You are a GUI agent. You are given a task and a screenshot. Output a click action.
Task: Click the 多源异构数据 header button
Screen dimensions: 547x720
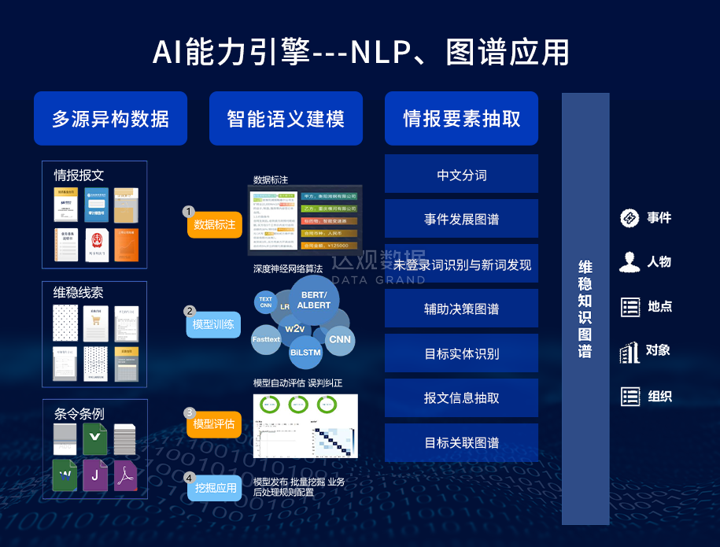pos(110,119)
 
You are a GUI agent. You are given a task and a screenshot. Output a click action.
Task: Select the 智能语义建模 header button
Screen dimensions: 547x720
pos(286,119)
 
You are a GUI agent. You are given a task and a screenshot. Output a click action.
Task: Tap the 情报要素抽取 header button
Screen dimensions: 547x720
pos(461,119)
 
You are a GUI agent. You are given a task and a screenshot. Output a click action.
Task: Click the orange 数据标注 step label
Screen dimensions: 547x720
pos(214,224)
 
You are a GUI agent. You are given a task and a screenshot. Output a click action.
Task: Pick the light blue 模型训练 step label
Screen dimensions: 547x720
pos(213,324)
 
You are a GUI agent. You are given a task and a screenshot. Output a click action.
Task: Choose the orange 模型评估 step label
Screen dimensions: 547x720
pos(214,424)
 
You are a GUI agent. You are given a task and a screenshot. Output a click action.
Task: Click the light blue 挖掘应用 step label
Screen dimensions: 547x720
pos(215,488)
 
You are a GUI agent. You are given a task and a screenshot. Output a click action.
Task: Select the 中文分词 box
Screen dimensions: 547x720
pos(461,175)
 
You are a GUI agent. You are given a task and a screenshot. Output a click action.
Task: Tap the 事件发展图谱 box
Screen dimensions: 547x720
pos(461,220)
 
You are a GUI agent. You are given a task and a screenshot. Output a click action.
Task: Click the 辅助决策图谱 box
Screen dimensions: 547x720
pos(461,309)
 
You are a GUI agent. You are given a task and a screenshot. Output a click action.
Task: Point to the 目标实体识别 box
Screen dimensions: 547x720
pos(461,353)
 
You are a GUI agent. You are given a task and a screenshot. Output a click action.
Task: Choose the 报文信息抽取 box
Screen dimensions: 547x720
pos(461,398)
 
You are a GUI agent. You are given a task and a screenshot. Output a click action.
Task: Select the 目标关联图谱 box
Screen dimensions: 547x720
pos(461,443)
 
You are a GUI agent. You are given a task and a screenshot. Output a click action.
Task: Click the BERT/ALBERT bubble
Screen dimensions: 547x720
pos(315,300)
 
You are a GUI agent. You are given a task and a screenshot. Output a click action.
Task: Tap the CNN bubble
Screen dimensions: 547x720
pos(340,339)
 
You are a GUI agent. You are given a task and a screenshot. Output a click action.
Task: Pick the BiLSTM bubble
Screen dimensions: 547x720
pos(305,353)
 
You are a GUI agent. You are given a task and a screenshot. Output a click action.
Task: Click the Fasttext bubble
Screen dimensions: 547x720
pos(266,339)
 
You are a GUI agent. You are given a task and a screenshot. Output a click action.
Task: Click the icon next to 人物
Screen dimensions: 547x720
pos(630,262)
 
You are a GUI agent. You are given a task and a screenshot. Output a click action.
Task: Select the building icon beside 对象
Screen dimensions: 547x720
pos(630,351)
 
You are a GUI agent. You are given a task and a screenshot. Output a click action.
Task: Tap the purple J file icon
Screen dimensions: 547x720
pos(95,475)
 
